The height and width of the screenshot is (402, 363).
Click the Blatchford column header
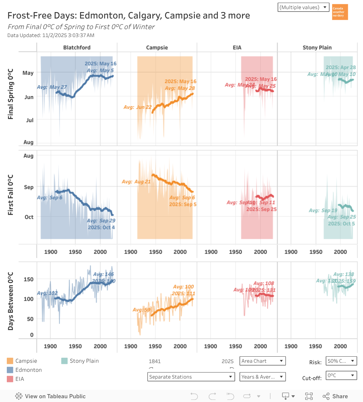click(x=77, y=48)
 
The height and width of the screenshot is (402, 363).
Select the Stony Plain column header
click(x=317, y=48)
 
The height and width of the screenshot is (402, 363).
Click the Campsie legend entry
click(x=26, y=361)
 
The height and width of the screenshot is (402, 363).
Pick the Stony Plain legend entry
click(x=84, y=361)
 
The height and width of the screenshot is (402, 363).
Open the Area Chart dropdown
click(x=263, y=361)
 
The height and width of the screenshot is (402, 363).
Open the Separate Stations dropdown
click(x=191, y=377)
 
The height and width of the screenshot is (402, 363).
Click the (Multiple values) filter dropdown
click(x=303, y=7)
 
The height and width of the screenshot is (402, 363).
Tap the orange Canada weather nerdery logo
click(x=340, y=12)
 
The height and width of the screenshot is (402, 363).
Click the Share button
click(x=335, y=396)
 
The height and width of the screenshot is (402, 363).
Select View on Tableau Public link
click(x=51, y=396)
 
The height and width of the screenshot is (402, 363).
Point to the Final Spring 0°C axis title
click(x=11, y=94)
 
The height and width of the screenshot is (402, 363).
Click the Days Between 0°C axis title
click(x=11, y=301)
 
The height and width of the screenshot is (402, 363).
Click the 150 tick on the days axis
click(x=29, y=280)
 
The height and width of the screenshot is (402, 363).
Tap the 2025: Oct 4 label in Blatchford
click(x=101, y=227)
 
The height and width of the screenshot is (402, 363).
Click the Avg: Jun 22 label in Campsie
click(x=138, y=107)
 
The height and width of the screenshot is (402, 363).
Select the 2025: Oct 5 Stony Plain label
click(x=341, y=224)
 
